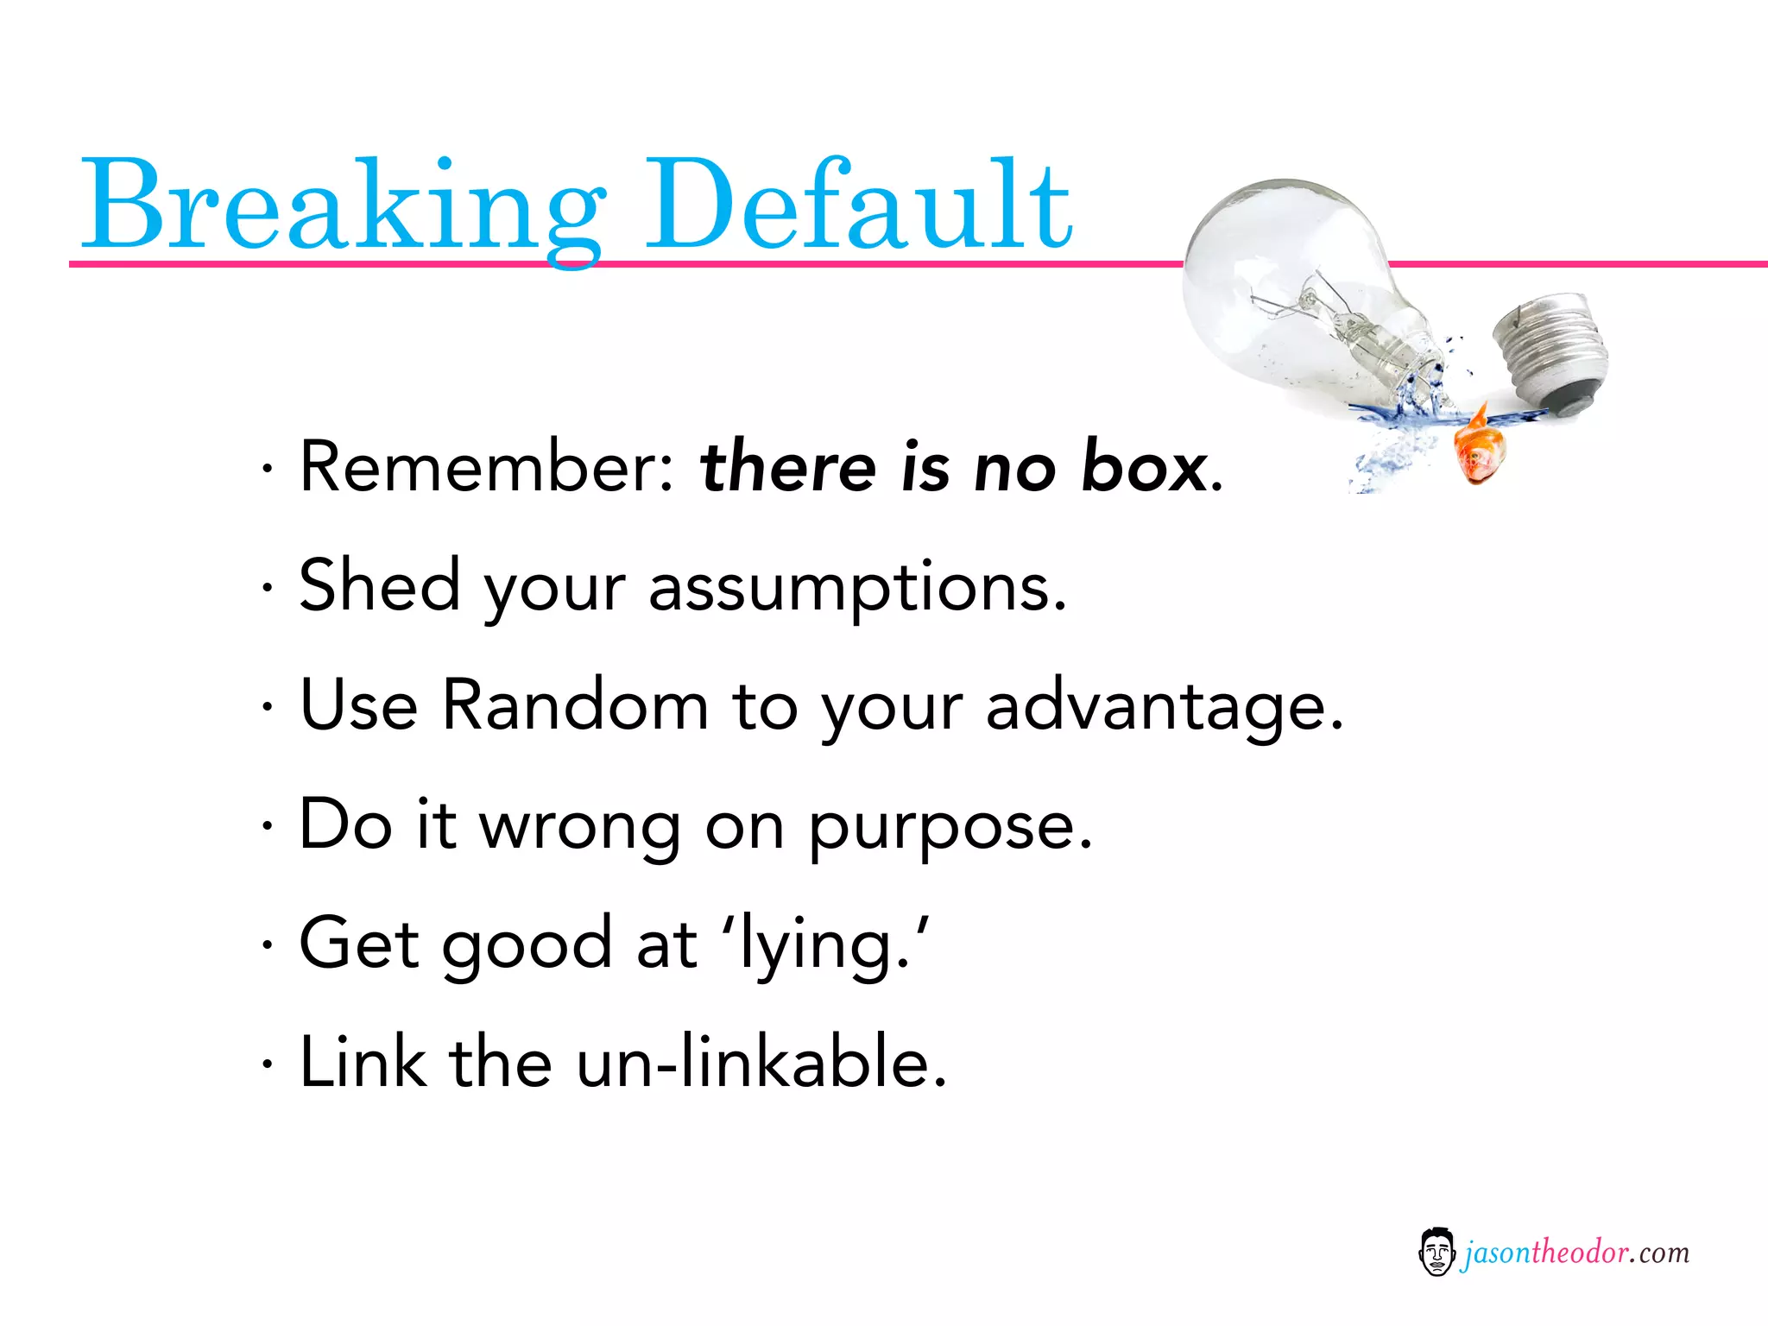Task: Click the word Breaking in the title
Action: point(341,207)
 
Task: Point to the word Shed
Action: point(379,586)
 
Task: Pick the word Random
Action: point(575,705)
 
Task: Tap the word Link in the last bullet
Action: point(363,1062)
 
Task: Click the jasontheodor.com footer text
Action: point(1575,1253)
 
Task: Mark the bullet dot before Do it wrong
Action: point(268,827)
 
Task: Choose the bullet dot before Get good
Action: point(268,945)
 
